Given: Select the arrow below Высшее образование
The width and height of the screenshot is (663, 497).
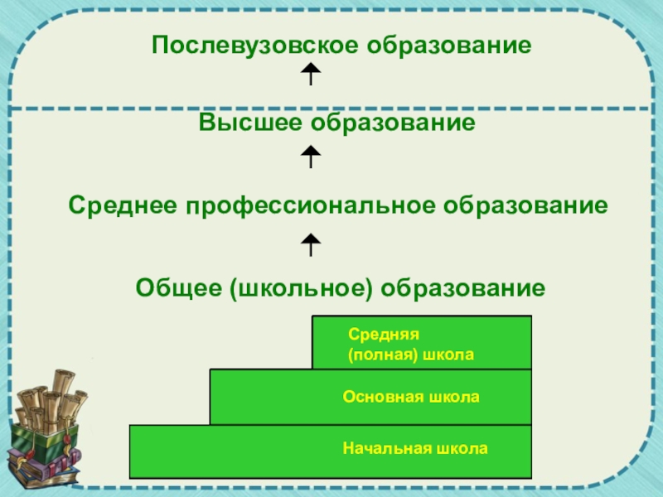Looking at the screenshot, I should click(x=310, y=156).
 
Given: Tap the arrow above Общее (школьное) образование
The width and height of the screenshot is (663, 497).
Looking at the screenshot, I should click(x=310, y=244).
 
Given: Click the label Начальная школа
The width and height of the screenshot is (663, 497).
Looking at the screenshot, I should click(x=415, y=449).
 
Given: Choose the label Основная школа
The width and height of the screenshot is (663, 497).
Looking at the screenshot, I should click(x=411, y=398).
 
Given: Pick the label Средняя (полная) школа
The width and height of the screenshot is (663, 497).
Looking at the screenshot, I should click(x=410, y=345).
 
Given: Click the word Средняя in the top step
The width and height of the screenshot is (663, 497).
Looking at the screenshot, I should click(x=374, y=335).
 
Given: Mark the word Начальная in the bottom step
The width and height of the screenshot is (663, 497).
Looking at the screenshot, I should click(x=380, y=449).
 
